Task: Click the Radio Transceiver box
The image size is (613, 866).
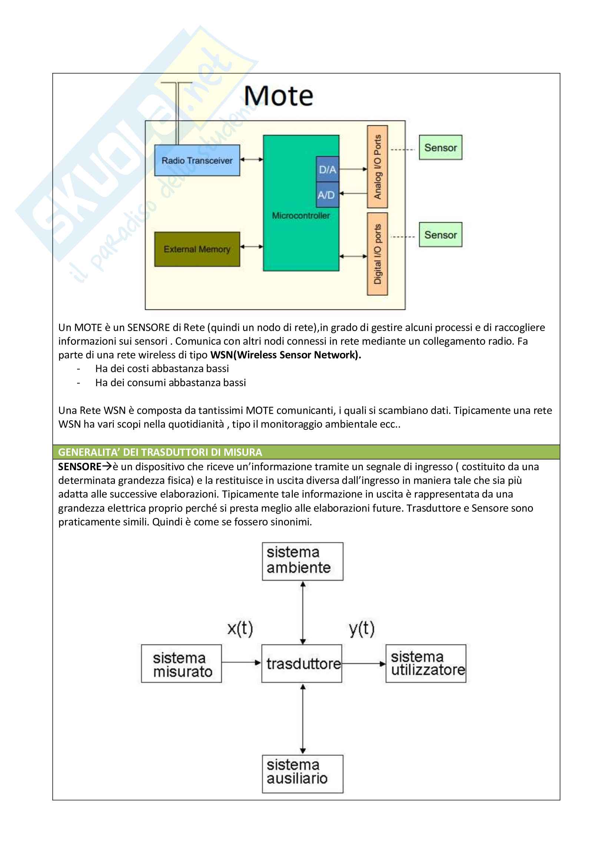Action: tap(197, 160)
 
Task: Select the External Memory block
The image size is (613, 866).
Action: tap(197, 249)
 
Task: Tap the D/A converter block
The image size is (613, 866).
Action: tap(327, 169)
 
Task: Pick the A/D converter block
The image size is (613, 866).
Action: tap(327, 195)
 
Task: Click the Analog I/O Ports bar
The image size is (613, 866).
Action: tap(377, 167)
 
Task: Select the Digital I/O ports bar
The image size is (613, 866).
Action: tap(377, 254)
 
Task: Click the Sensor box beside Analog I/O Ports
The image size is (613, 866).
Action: tap(441, 147)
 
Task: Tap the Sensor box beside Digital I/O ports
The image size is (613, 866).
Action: tap(441, 235)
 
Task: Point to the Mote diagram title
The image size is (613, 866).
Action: tap(279, 96)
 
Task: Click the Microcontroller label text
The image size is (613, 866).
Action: tap(301, 216)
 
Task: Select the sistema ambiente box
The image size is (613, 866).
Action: tap(303, 561)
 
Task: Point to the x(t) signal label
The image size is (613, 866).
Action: tap(240, 628)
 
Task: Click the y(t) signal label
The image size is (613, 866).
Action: tap(362, 628)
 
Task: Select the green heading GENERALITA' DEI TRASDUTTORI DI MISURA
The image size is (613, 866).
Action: tap(160, 452)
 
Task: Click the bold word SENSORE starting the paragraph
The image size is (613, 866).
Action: tap(80, 467)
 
